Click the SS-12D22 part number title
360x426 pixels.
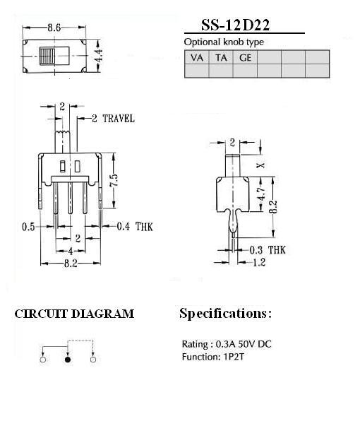tap(235, 25)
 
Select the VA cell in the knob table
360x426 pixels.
tap(196, 57)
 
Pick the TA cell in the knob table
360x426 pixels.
tap(221, 57)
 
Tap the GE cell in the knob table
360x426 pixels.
tap(245, 57)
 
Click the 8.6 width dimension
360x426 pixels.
tap(54, 28)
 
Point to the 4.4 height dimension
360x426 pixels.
tap(99, 56)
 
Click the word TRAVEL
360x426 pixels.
tap(119, 119)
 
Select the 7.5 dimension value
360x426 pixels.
tap(114, 180)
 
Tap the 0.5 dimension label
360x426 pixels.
tap(28, 227)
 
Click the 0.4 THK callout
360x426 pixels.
tap(135, 226)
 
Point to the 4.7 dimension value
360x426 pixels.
tap(261, 194)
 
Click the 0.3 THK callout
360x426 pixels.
tap(268, 250)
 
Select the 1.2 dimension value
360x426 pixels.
tap(259, 262)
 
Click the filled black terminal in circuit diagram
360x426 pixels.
tap(68, 360)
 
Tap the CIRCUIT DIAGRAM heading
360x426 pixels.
tap(74, 314)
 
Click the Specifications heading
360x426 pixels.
tap(225, 313)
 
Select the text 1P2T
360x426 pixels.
tap(233, 357)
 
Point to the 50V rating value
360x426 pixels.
tap(247, 344)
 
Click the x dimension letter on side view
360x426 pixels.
tap(261, 165)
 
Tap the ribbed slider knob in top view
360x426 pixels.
tap(47, 56)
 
